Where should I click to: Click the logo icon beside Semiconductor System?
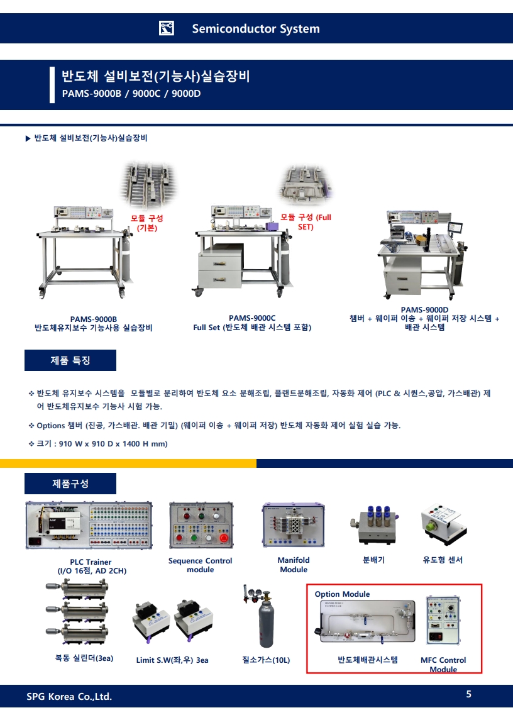[166, 28]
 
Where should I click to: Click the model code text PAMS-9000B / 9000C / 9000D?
[131, 94]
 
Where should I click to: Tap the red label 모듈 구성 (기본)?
[147, 223]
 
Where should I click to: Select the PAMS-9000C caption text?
[252, 318]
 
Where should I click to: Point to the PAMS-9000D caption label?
[424, 310]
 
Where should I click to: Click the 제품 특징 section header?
[70, 360]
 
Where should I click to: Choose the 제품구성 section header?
[70, 484]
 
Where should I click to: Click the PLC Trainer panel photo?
[89, 525]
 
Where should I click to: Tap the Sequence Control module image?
[201, 525]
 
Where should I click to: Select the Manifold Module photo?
[294, 525]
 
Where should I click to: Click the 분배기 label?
[374, 560]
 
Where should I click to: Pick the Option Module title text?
[342, 594]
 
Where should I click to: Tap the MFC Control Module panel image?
[443, 621]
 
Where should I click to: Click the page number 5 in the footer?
[468, 694]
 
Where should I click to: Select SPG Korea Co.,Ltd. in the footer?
[69, 697]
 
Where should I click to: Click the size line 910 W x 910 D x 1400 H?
[102, 444]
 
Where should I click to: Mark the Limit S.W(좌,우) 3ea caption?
[172, 660]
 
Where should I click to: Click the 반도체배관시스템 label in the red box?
[368, 660]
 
